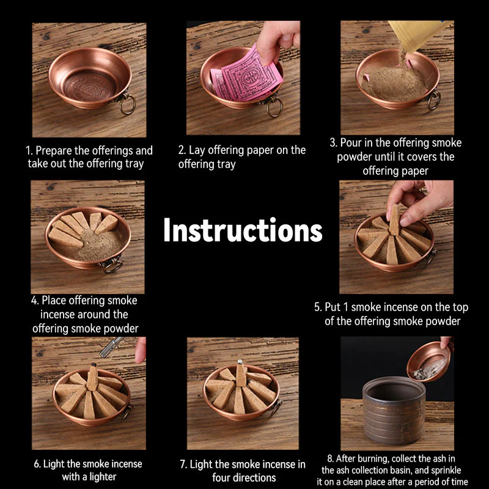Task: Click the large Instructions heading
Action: point(243,230)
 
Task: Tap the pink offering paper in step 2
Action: point(247,77)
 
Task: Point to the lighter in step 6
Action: point(111,347)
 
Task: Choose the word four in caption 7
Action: point(222,477)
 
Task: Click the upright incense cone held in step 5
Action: point(394,220)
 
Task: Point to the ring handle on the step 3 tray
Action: point(434,99)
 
